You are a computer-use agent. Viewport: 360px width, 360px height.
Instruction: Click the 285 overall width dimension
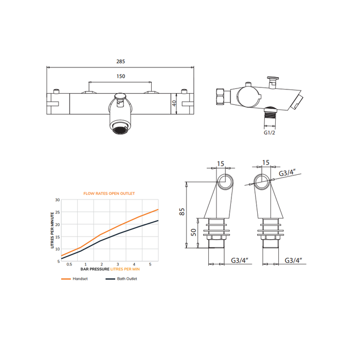click(x=120, y=62)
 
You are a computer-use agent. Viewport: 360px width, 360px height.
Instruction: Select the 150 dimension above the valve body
click(x=121, y=76)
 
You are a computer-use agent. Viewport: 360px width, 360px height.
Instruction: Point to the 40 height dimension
click(x=174, y=103)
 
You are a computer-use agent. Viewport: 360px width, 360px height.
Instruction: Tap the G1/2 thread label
click(x=269, y=133)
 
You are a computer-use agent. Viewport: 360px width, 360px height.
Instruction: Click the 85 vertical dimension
click(x=182, y=212)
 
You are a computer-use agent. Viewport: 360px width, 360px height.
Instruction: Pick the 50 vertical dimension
click(x=194, y=232)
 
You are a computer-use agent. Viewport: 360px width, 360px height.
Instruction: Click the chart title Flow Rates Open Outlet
click(x=109, y=193)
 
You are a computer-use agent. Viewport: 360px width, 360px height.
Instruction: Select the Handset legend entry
click(x=75, y=279)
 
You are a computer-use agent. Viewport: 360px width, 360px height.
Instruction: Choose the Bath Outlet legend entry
click(x=121, y=279)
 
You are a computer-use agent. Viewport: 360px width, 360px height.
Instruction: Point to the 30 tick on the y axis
click(x=58, y=200)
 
